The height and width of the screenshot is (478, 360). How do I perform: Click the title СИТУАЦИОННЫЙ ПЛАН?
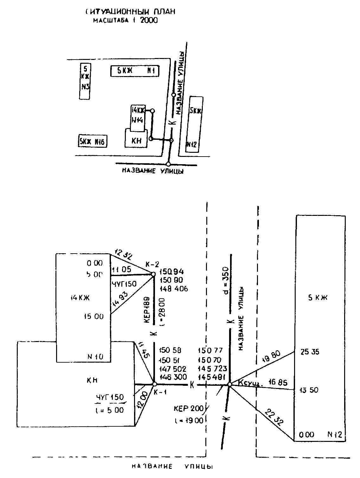[130, 12]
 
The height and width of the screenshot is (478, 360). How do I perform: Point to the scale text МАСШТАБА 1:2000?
[125, 21]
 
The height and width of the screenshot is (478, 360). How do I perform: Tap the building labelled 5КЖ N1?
[135, 71]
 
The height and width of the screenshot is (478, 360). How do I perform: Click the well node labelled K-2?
[153, 274]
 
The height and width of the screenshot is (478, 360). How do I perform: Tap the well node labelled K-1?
[155, 384]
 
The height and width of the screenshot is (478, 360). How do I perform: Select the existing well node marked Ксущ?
[229, 384]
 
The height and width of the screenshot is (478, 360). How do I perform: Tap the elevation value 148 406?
[174, 289]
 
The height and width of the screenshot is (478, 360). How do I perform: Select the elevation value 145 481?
[212, 377]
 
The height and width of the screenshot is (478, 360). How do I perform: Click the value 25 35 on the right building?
[310, 352]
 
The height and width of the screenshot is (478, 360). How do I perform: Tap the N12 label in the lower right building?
[335, 435]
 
